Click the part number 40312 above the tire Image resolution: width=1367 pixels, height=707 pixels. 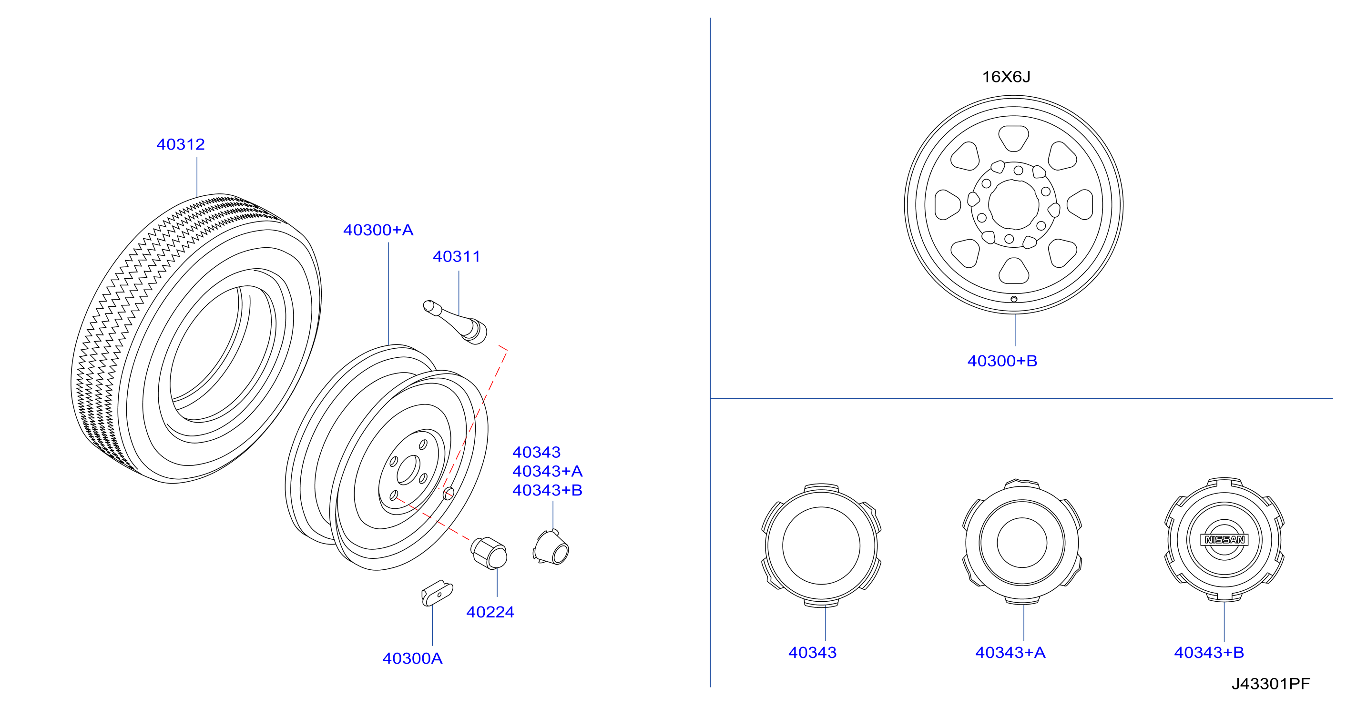click(181, 144)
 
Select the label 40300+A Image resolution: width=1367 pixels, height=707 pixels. click(378, 230)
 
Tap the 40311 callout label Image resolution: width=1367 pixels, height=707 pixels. click(456, 257)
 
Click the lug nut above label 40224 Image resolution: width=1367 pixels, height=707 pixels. click(489, 553)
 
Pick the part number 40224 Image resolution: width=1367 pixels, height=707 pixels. click(490, 612)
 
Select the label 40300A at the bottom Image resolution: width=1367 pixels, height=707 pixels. click(412, 658)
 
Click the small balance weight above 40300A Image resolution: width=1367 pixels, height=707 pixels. click(437, 593)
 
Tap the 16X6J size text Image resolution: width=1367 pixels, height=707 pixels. click(1006, 77)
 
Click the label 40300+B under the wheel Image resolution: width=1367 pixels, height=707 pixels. click(1002, 361)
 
